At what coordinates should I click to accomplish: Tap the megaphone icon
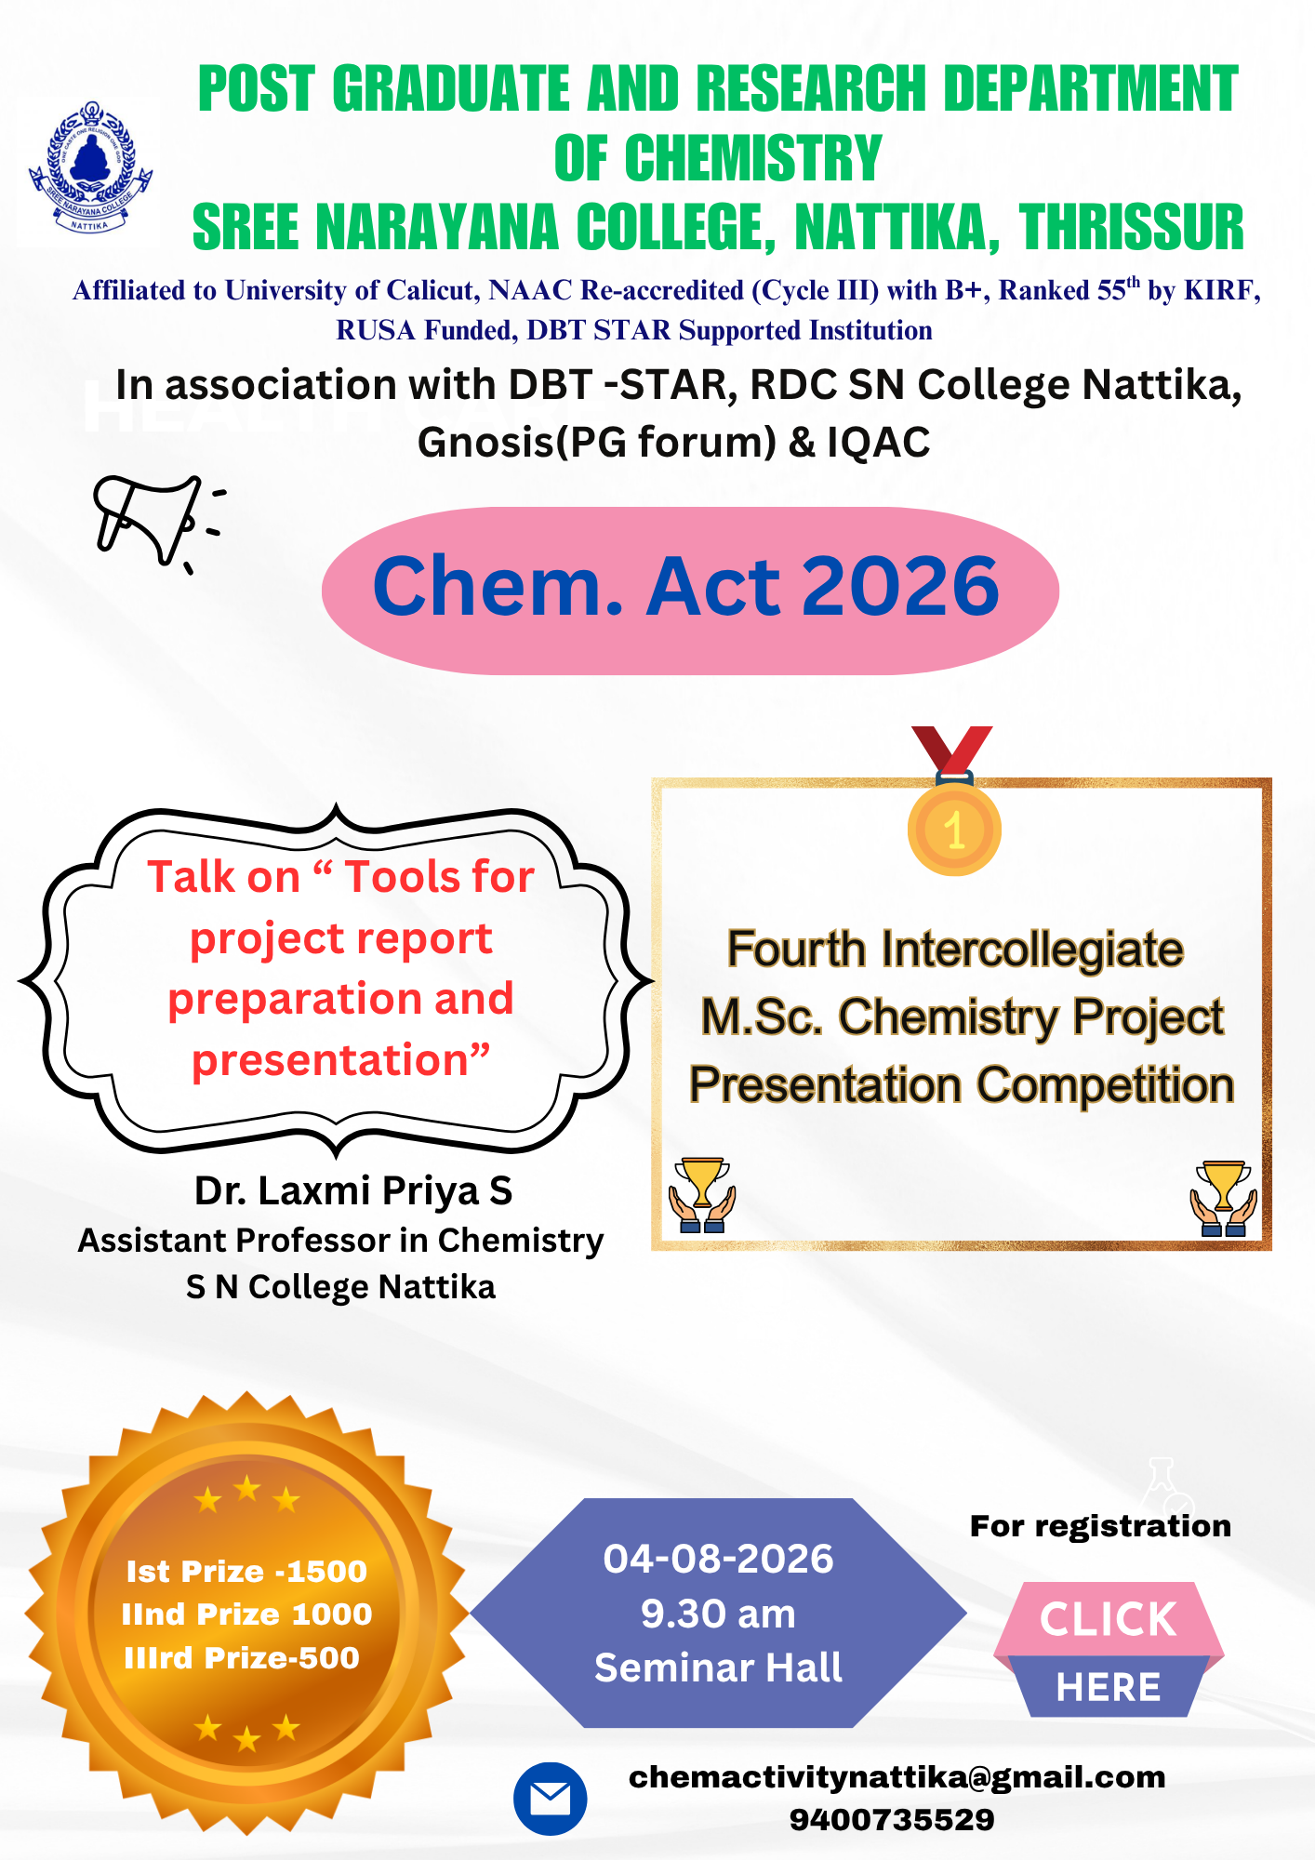click(x=158, y=523)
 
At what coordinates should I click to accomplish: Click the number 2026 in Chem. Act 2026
click(x=900, y=586)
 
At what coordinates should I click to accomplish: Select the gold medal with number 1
click(x=954, y=801)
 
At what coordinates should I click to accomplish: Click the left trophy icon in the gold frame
click(x=702, y=1195)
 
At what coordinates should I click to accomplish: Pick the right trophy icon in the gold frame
click(x=1224, y=1198)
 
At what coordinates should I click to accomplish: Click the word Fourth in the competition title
click(x=796, y=950)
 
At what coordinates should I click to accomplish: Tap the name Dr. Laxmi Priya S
click(x=353, y=1190)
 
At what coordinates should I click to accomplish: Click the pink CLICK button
click(x=1109, y=1619)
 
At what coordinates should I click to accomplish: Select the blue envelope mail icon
click(x=551, y=1799)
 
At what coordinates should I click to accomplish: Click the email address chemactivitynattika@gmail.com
click(x=897, y=1777)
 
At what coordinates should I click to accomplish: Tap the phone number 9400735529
click(x=892, y=1820)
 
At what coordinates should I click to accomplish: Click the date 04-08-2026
click(x=718, y=1559)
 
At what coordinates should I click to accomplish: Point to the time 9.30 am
click(x=718, y=1614)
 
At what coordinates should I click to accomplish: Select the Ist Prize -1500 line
click(x=246, y=1572)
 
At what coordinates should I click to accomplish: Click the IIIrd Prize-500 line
click(x=242, y=1658)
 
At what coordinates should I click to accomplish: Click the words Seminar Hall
click(x=718, y=1667)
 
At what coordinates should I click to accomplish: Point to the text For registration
click(x=1100, y=1526)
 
